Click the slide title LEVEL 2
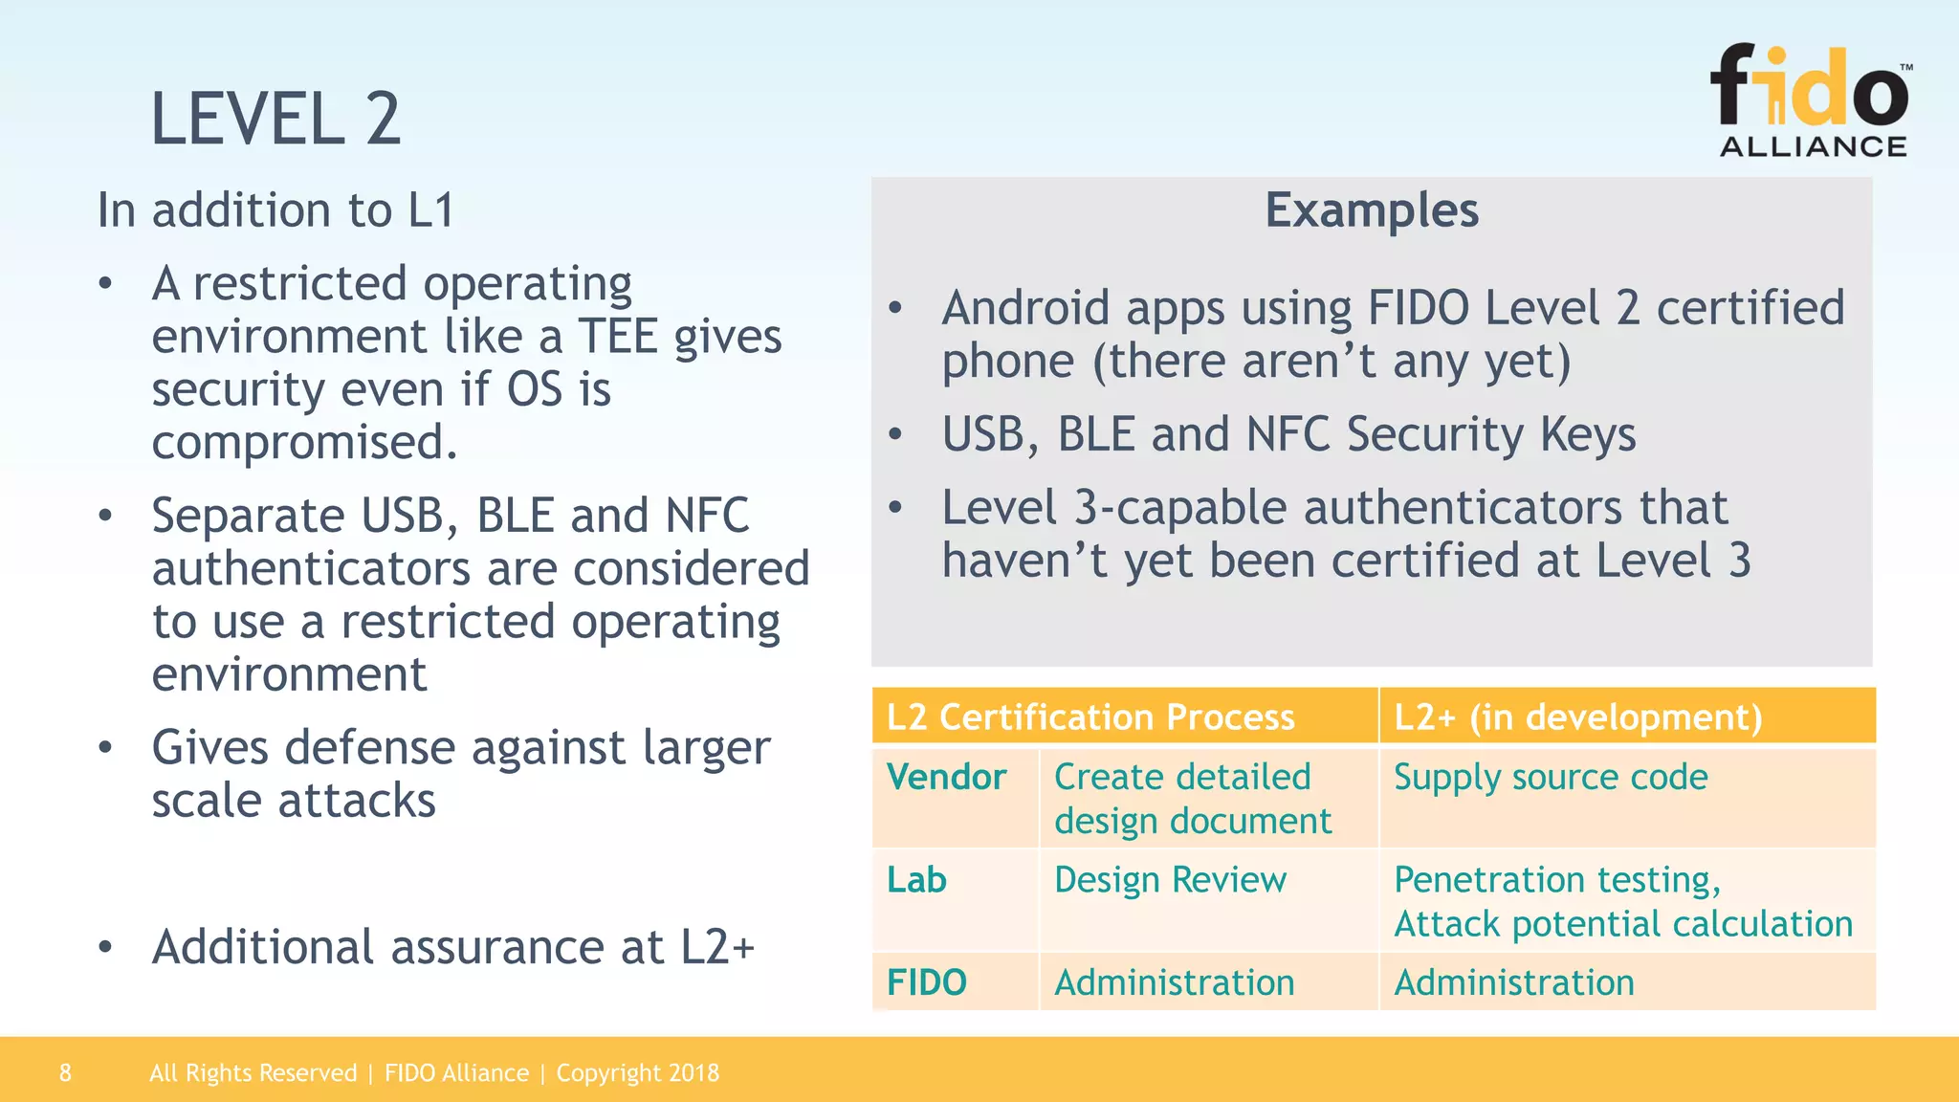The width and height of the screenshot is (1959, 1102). pyautogui.click(x=275, y=120)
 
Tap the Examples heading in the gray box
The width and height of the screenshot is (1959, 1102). pyautogui.click(x=1371, y=210)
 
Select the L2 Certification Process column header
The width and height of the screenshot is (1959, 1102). pyautogui.click(x=1090, y=716)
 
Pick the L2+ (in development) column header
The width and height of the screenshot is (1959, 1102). pyautogui.click(x=1577, y=716)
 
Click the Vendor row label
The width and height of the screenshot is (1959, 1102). pyautogui.click(x=946, y=777)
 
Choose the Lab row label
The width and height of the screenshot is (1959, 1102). pyautogui.click(x=916, y=879)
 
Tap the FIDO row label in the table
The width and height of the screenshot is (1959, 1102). pyautogui.click(x=926, y=982)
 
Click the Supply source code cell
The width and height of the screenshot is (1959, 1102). pyautogui.click(x=1550, y=777)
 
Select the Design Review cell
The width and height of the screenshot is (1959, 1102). pyautogui.click(x=1170, y=879)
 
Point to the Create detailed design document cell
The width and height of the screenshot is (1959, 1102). pyautogui.click(x=1191, y=799)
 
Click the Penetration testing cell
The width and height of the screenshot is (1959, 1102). pyautogui.click(x=1556, y=879)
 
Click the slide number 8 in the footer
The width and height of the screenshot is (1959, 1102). pyautogui.click(x=65, y=1072)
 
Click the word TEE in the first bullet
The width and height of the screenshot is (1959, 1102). pyautogui.click(x=617, y=337)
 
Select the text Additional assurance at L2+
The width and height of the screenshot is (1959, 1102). pyautogui.click(x=453, y=947)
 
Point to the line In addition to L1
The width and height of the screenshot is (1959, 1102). pyautogui.click(x=275, y=210)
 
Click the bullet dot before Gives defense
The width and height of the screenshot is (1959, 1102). pyautogui.click(x=105, y=747)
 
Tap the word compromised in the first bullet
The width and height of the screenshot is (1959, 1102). pyautogui.click(x=303, y=442)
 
